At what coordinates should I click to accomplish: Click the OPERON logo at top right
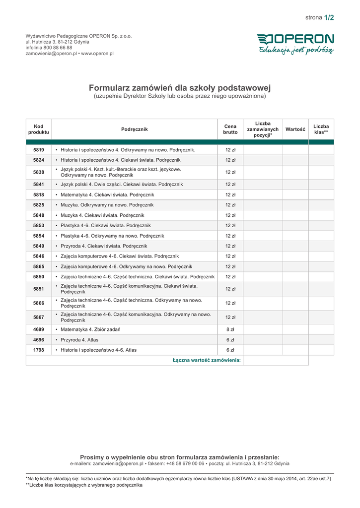coord(295,39)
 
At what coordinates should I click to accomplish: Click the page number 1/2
coord(329,18)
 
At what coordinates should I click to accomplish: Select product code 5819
coord(39,150)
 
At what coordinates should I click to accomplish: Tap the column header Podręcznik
coord(135,129)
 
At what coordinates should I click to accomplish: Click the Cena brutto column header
coord(230,129)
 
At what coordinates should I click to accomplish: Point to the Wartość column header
coord(295,129)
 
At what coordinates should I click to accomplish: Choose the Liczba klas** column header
coord(321,129)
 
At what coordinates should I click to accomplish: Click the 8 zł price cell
coord(230,329)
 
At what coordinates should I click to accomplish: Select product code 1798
coord(39,350)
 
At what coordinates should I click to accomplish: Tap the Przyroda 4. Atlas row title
coord(79,340)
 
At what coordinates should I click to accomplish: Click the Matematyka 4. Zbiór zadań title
coord(90,329)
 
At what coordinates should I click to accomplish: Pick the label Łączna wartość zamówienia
coord(207,360)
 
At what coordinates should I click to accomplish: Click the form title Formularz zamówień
coord(180,88)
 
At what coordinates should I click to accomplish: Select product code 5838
coord(39,172)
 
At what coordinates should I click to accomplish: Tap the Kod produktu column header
coord(39,129)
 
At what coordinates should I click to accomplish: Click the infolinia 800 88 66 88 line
coord(49,48)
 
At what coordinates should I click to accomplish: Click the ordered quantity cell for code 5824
coord(263,160)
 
